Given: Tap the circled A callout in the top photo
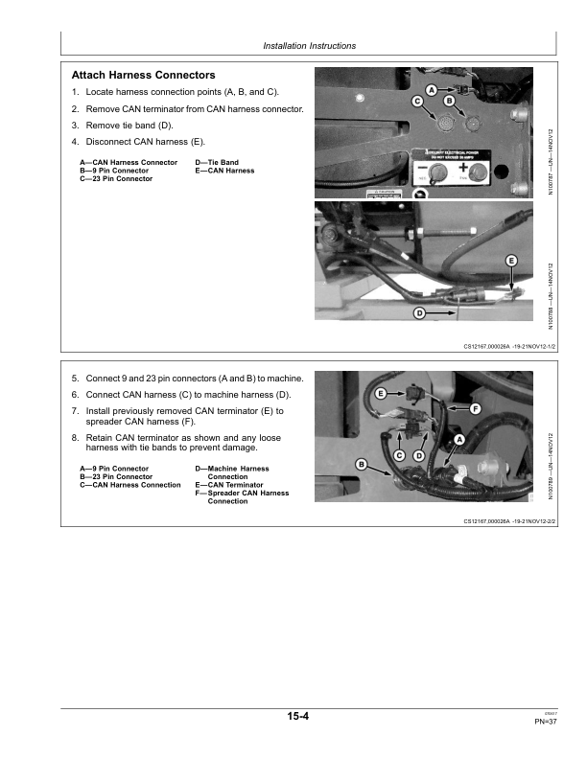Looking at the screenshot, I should click(431, 90).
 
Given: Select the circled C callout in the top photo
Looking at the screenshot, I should click(417, 101).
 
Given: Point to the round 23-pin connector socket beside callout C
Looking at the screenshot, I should click(446, 124).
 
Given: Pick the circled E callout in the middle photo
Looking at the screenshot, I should click(511, 261).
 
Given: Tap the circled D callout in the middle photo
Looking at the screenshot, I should click(419, 313).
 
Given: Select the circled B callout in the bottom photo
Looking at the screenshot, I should click(362, 464).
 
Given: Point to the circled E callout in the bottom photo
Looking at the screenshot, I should click(381, 394).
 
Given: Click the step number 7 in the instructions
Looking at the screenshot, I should click(75, 411).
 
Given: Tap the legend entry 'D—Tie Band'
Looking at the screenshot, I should click(217, 163).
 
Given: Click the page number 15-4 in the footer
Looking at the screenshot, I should click(296, 716).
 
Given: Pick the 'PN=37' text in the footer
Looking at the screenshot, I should click(546, 722).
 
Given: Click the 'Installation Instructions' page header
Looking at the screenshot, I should click(309, 45).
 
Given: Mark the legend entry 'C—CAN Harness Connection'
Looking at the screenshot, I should click(129, 485).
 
